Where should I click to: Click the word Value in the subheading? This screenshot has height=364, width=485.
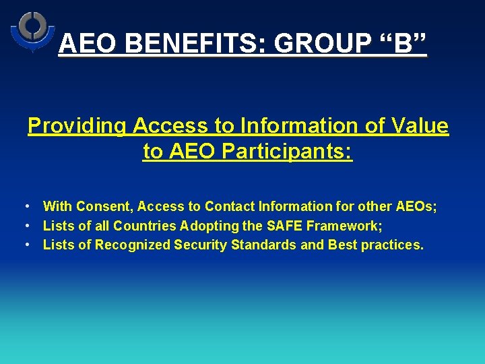click(418, 126)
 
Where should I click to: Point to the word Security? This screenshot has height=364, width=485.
click(201, 245)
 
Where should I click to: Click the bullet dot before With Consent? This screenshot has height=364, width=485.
click(25, 206)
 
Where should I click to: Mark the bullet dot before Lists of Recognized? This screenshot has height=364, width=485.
click(25, 245)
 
